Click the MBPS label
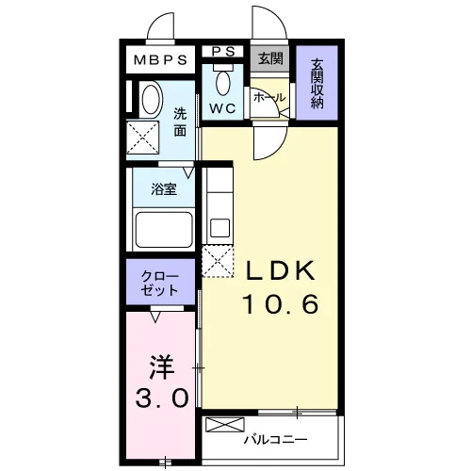pos(160,60)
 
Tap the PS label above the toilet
pos(223,52)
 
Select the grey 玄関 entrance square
pos(269,58)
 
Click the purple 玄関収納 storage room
pos(317,83)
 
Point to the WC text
pos(222,108)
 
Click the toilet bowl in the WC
pos(223,83)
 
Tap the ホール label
pos(269,98)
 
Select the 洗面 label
pos(180,122)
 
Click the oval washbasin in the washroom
pos(151,100)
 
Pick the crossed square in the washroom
pos(143,138)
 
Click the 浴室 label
pos(164,189)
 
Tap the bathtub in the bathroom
pos(164,230)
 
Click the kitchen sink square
pos(219,228)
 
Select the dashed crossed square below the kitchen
pos(218,261)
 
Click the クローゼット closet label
pos(159,284)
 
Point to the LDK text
pos(281,270)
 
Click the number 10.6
pos(281,304)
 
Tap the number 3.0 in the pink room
pos(162,398)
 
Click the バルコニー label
pos(275,439)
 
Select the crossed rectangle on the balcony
pos(224,425)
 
